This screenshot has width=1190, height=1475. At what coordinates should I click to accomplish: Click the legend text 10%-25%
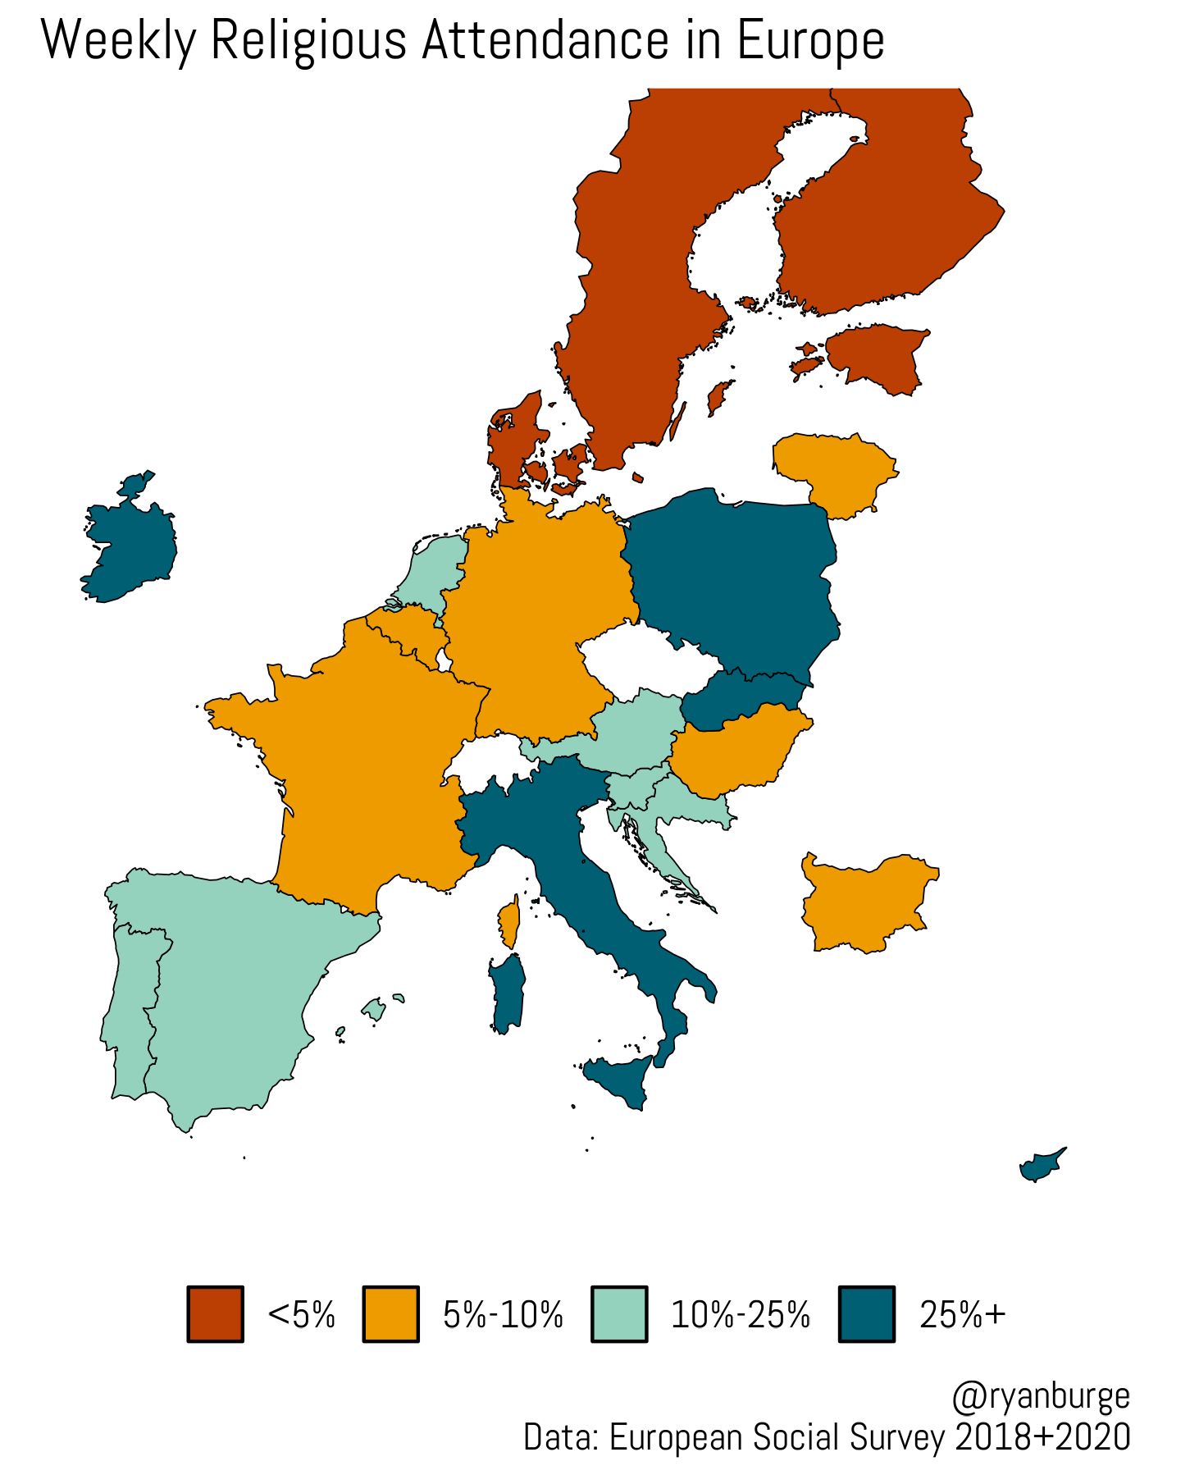(741, 1314)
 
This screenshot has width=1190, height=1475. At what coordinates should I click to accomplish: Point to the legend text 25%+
(962, 1314)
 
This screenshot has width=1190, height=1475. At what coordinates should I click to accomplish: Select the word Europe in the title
(810, 41)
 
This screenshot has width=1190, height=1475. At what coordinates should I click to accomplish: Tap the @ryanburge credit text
(1040, 1395)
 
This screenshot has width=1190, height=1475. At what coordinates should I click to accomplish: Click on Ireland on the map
(131, 550)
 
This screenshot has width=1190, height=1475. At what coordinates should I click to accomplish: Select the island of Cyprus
(1040, 1166)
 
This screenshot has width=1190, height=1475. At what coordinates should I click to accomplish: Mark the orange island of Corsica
(510, 923)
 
